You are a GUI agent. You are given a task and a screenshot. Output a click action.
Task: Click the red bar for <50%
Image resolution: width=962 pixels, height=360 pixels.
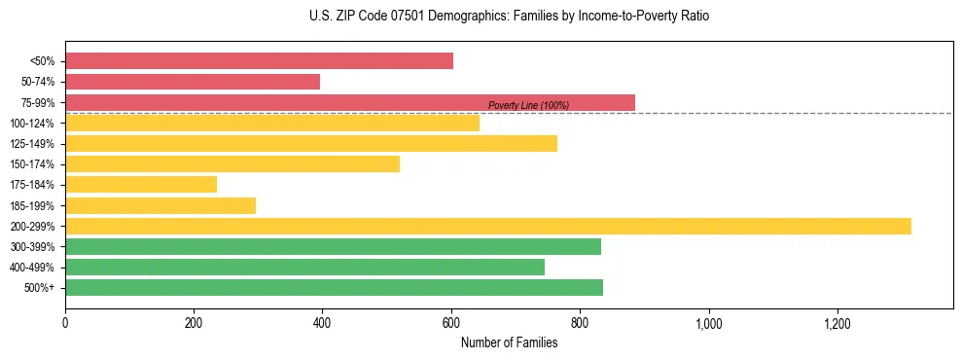(x=259, y=61)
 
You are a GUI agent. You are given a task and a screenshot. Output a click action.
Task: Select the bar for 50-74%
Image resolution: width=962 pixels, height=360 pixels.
(x=193, y=82)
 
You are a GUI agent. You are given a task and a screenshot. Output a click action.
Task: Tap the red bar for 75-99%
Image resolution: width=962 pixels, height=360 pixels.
(x=350, y=102)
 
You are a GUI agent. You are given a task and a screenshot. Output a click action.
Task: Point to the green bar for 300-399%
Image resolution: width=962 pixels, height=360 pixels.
(x=333, y=246)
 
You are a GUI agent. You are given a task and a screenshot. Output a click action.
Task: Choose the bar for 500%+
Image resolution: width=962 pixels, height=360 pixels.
(x=334, y=287)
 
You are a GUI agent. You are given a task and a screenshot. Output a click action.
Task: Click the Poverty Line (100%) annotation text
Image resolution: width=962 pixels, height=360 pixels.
(x=528, y=105)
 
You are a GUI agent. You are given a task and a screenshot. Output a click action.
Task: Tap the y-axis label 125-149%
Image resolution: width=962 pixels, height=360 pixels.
(x=32, y=144)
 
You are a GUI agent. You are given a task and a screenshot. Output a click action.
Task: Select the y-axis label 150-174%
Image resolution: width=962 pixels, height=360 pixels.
(x=32, y=164)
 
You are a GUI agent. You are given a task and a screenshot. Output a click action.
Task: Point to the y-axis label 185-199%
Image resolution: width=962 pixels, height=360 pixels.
(x=32, y=205)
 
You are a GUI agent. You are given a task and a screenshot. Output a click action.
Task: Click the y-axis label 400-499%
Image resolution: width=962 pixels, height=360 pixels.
(x=32, y=268)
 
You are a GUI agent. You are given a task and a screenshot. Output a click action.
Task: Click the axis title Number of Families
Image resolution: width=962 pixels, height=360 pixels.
(x=509, y=342)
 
